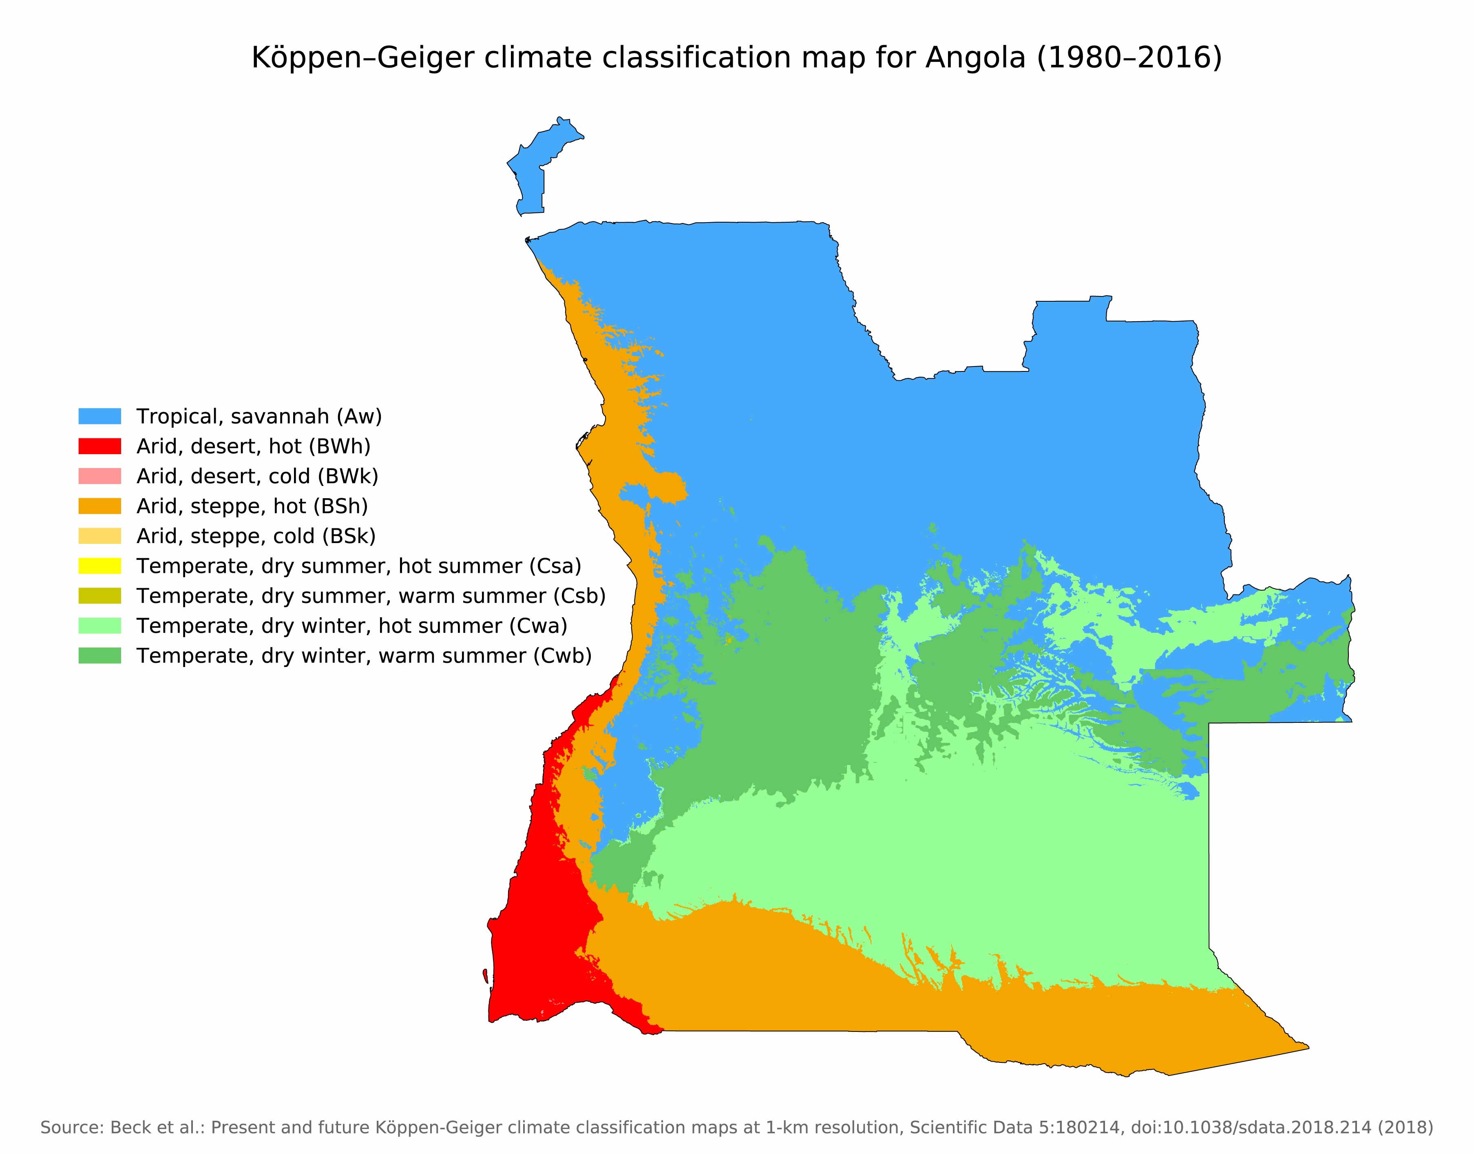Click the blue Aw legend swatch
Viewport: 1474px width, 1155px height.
pos(99,416)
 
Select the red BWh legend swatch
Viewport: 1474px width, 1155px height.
pos(99,446)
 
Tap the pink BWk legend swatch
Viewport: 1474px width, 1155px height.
pos(99,476)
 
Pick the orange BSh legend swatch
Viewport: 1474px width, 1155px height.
pos(99,506)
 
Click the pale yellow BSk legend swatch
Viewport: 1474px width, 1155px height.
pos(99,536)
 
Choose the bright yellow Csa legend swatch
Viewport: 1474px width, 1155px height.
pos(99,565)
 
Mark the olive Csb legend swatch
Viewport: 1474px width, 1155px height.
pos(99,596)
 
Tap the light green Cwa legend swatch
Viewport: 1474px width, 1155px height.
pos(99,625)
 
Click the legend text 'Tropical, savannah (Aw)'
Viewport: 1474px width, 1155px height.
pos(259,416)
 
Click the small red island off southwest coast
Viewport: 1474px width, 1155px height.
pos(486,975)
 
